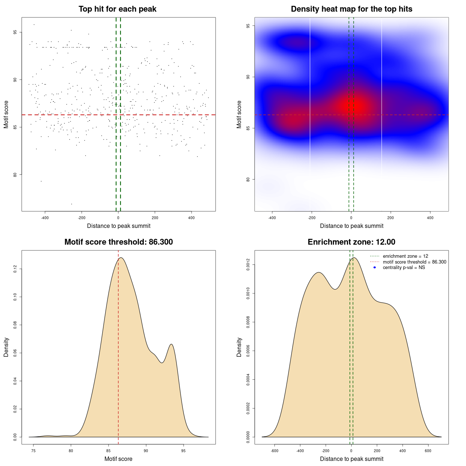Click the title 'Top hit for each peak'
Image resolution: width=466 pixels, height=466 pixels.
click(117, 9)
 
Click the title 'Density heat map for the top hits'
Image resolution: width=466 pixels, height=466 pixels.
click(351, 9)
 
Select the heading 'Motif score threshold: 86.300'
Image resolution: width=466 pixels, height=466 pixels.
click(118, 242)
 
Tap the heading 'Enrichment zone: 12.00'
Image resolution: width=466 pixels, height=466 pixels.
click(351, 242)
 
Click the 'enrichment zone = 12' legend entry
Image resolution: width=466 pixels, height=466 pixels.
click(405, 256)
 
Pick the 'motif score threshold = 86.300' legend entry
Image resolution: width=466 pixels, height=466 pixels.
click(414, 262)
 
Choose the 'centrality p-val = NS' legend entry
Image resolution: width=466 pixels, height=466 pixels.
click(404, 268)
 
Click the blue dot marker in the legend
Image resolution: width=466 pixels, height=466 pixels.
click(375, 268)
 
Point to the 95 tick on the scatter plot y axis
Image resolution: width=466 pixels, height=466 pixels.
click(15, 32)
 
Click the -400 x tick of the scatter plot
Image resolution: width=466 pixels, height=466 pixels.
click(45, 218)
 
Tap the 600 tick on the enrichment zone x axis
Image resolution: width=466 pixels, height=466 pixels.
click(428, 451)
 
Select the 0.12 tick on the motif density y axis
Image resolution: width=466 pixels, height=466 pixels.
click(15, 269)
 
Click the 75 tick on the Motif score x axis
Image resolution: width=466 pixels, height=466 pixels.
click(33, 451)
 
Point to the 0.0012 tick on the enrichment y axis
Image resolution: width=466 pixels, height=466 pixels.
click(248, 265)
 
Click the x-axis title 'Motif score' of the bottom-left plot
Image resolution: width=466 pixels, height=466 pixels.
click(118, 459)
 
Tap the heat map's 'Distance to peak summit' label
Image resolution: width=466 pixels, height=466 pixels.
click(351, 226)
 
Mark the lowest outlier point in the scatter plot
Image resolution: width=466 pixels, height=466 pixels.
click(71, 204)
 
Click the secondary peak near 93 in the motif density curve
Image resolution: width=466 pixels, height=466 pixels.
click(171, 344)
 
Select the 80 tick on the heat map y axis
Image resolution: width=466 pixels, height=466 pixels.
click(248, 179)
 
